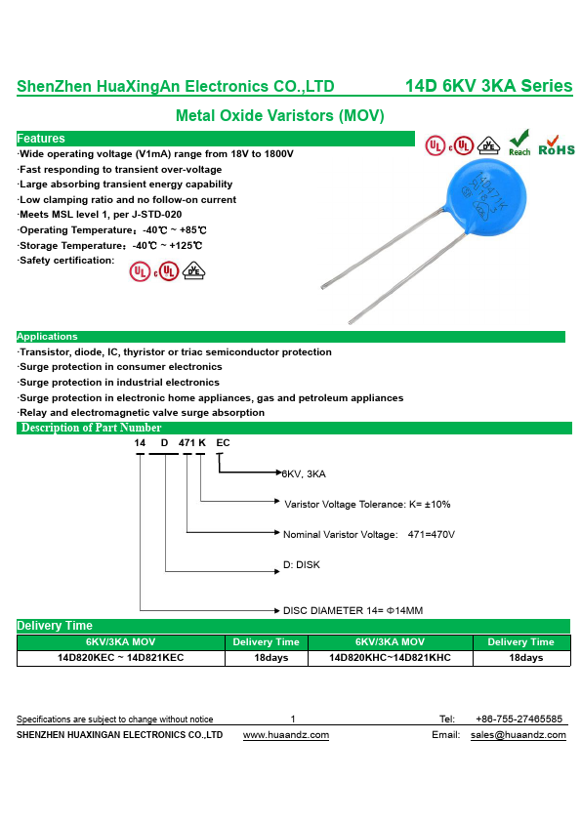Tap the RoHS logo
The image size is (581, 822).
pos(557,145)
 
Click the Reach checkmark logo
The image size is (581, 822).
pos(519,143)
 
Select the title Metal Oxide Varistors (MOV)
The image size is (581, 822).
pos(280,115)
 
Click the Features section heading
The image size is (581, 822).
pos(41,139)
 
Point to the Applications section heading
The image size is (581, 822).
pos(47,337)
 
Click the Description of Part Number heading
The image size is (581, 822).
pos(91,428)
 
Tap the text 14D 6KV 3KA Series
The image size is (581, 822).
pos(488,86)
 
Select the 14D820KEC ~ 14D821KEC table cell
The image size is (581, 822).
pos(121,658)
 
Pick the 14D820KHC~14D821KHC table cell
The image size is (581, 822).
pos(390,658)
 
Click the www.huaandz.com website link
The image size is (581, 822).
pos(286,735)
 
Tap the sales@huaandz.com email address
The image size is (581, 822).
pos(519,735)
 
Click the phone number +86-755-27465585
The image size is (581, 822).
pos(519,719)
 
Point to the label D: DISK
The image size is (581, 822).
pos(302,564)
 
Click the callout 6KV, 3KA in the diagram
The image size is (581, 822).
pos(304,473)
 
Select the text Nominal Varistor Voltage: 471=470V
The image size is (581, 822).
pos(369,535)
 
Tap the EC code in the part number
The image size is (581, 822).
pos(223,443)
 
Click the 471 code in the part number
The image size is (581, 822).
pos(187,443)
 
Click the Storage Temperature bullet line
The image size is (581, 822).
pos(110,245)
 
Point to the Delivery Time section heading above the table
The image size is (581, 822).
pos(55,626)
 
